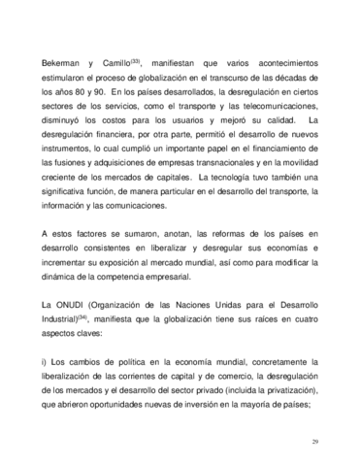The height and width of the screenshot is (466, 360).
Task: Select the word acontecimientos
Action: coord(281,59)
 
